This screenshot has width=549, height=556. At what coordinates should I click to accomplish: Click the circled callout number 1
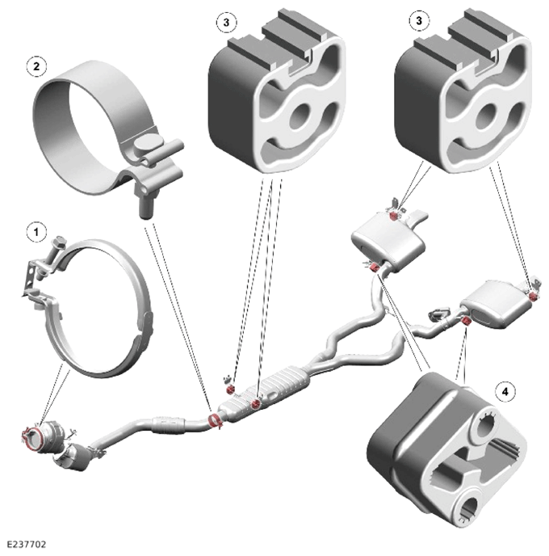click(x=36, y=232)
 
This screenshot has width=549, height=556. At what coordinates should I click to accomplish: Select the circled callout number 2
click(x=36, y=66)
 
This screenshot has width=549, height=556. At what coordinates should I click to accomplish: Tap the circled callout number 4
click(x=505, y=391)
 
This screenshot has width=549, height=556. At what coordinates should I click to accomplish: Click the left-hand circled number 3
click(x=226, y=23)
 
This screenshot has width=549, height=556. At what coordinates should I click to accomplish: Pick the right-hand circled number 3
click(x=419, y=20)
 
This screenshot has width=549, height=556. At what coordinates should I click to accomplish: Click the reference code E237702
click(x=27, y=544)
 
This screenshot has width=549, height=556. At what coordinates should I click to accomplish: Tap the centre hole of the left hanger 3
click(x=300, y=116)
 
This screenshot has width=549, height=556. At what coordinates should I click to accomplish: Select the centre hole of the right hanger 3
click(x=488, y=116)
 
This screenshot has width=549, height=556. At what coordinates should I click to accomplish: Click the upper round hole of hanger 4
click(x=484, y=423)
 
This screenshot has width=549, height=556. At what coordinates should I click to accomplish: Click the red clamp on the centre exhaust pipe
click(x=215, y=420)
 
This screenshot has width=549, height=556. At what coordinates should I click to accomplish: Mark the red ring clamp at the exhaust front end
click(x=31, y=438)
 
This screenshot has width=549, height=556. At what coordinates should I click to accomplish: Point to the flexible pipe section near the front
click(x=168, y=424)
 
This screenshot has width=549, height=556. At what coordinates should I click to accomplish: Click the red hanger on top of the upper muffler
click(x=393, y=216)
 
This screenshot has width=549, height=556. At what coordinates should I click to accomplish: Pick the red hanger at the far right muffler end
click(x=532, y=296)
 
